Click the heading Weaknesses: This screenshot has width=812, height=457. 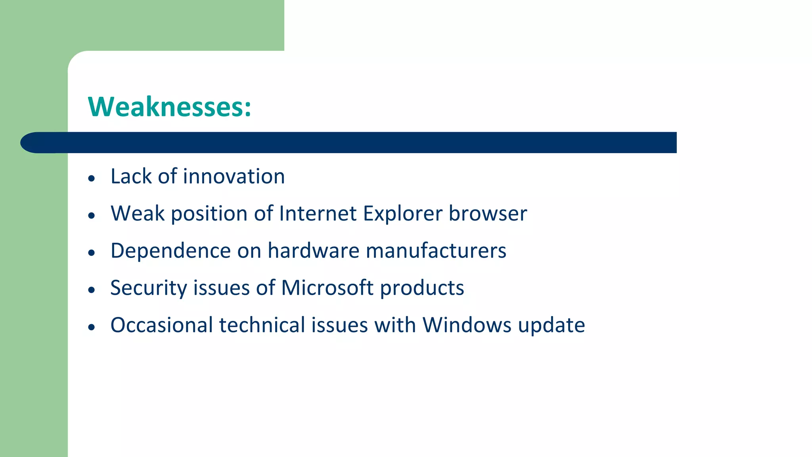169,107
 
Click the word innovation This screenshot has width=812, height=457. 234,176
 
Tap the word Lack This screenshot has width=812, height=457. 131,176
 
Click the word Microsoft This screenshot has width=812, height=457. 327,288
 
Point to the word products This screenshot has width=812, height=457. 422,288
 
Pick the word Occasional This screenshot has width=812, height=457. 162,325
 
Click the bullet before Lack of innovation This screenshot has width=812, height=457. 92,179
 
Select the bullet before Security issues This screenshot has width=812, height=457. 92,290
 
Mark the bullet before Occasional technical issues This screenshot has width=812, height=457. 92,327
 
